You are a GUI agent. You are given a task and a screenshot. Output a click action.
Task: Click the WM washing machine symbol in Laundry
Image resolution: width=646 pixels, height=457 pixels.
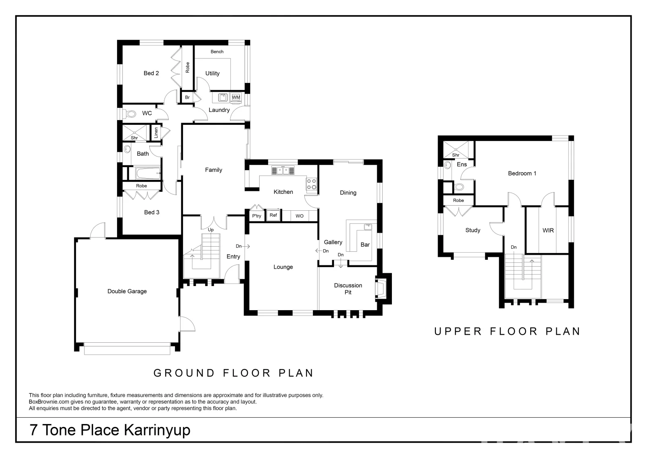click(235, 97)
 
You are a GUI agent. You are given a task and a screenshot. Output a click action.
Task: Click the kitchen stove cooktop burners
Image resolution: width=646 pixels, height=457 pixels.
click(312, 184)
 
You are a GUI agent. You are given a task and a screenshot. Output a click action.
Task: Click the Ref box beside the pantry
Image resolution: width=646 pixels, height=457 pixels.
click(274, 215)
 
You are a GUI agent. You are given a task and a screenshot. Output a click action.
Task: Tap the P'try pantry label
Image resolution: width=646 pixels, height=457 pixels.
click(257, 216)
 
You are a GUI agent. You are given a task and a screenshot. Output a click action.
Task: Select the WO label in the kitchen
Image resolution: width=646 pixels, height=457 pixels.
click(299, 216)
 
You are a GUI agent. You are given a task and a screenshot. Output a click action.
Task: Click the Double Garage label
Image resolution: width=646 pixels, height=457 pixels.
click(127, 291)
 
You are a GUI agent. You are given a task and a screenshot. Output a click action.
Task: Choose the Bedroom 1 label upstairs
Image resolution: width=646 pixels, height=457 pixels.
click(522, 173)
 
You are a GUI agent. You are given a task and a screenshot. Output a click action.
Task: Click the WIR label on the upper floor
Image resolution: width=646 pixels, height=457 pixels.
click(548, 231)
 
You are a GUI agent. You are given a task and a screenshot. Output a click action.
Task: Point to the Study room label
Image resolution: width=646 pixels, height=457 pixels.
click(473, 230)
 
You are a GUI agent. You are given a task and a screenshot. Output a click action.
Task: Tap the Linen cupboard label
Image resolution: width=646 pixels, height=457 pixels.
click(156, 132)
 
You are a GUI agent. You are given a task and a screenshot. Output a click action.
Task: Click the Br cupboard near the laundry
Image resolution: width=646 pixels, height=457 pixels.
click(187, 97)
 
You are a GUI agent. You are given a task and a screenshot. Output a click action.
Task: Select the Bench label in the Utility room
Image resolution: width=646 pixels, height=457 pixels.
click(217, 52)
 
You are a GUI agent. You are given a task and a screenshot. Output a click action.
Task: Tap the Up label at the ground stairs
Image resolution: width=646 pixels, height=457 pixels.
click(211, 230)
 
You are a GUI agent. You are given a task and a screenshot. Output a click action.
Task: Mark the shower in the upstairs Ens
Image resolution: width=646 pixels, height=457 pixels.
click(456, 149)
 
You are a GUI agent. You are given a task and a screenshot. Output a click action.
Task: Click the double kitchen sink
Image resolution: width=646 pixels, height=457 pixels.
click(283, 171)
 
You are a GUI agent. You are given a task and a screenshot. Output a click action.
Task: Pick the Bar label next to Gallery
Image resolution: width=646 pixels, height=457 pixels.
click(365, 245)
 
